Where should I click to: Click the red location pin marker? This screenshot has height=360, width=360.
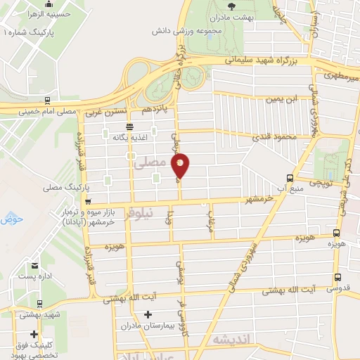181,165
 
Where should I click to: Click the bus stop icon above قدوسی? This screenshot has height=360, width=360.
337,276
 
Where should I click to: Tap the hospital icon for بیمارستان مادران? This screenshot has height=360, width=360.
145,315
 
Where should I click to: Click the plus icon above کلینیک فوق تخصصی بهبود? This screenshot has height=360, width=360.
34,335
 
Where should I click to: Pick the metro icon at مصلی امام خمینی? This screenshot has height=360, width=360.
46,100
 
